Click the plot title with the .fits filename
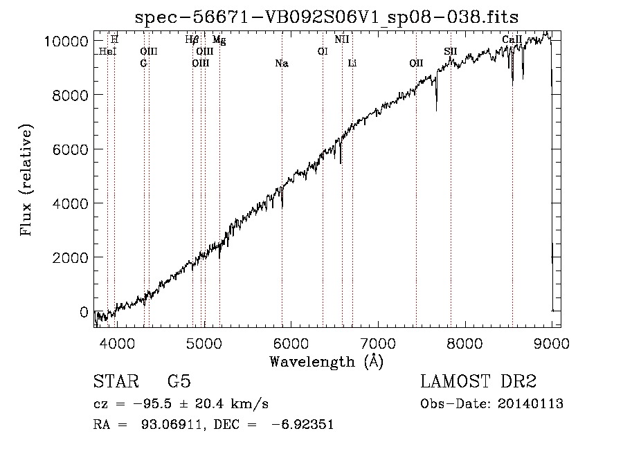tap(327, 17)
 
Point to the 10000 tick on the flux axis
tap(66, 41)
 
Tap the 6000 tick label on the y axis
tap(71, 149)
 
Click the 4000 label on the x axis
tap(117, 343)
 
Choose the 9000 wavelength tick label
tap(552, 343)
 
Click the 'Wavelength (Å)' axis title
tap(327, 362)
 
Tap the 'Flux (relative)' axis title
tap(26, 180)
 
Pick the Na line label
tap(282, 63)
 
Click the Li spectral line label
tap(352, 63)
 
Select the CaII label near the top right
tap(512, 39)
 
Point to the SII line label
tap(451, 51)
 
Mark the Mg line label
tap(219, 39)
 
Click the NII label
tap(342, 39)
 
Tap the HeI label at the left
tap(108, 51)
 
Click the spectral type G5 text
tap(179, 381)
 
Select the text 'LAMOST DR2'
tap(478, 381)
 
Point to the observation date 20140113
tap(530, 404)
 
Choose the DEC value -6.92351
tap(303, 424)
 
